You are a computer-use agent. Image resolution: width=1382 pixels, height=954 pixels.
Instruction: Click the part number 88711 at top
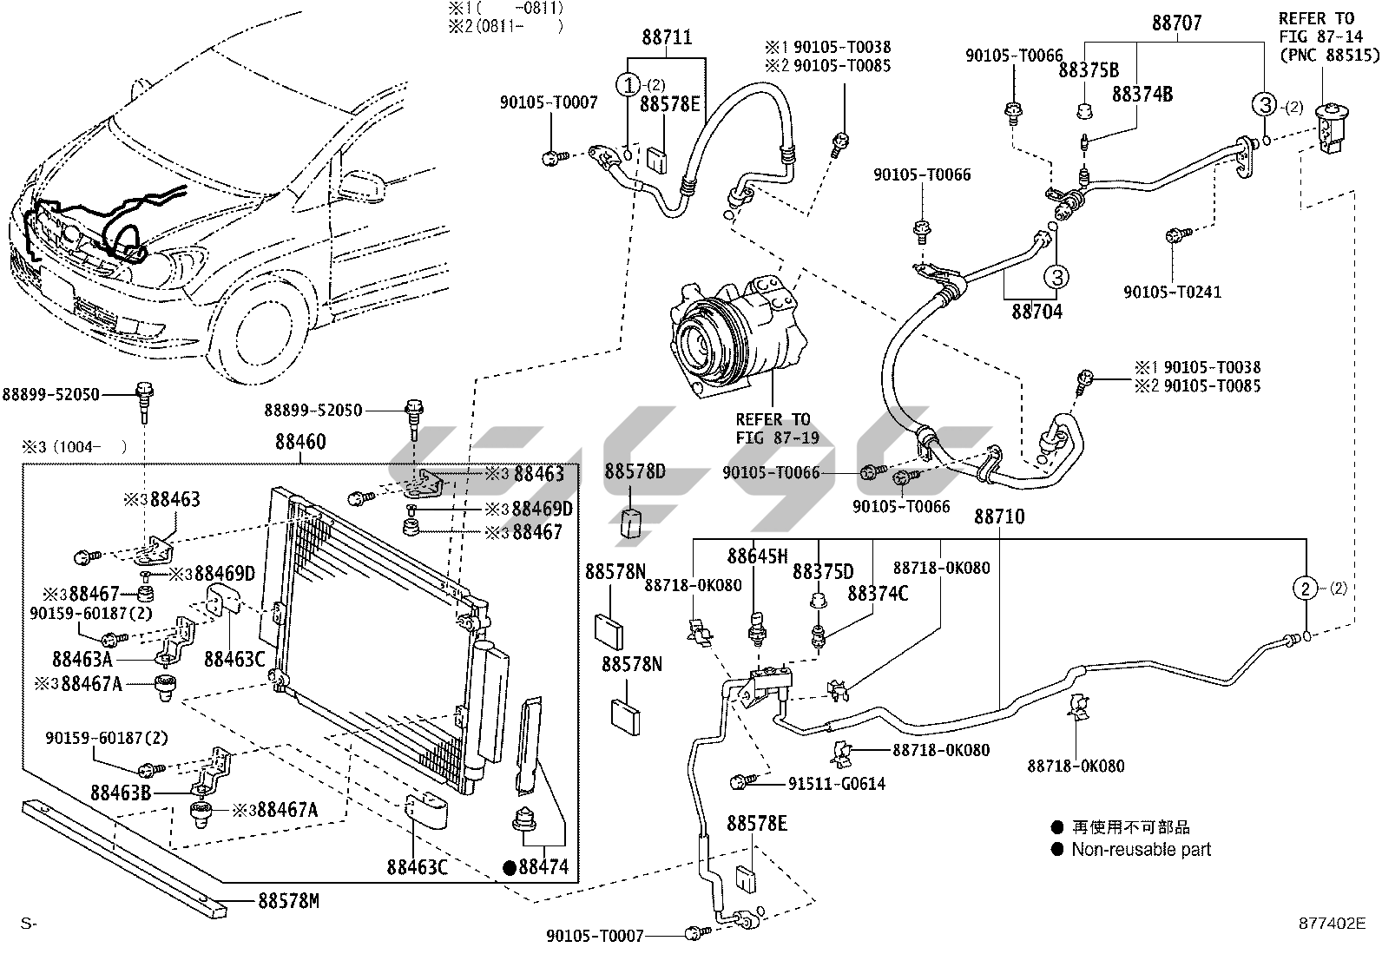667,38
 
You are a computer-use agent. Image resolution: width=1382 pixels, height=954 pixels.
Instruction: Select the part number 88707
1176,23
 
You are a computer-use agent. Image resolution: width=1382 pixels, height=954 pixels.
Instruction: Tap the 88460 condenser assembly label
300,443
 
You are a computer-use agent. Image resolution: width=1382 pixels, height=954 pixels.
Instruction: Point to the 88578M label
288,901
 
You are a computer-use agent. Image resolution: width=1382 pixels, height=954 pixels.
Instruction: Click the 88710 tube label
998,516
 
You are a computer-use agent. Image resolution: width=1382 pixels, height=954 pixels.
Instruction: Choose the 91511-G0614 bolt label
837,784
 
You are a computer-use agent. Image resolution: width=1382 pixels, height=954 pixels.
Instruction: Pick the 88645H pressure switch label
757,556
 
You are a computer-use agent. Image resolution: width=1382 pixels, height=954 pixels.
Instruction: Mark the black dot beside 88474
510,866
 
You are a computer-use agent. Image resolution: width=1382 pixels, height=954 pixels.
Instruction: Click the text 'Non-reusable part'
1141,850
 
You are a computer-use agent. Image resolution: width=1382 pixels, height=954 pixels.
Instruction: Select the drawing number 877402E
1326,923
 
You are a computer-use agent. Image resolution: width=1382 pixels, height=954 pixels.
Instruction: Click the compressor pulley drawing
706,343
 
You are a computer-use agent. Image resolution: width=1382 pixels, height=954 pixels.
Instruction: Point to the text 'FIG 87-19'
777,438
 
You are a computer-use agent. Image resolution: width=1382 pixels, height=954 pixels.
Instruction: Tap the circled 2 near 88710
1305,589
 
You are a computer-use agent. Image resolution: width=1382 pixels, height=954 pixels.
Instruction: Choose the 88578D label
635,472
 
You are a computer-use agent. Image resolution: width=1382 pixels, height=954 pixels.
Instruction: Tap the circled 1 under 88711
628,85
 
